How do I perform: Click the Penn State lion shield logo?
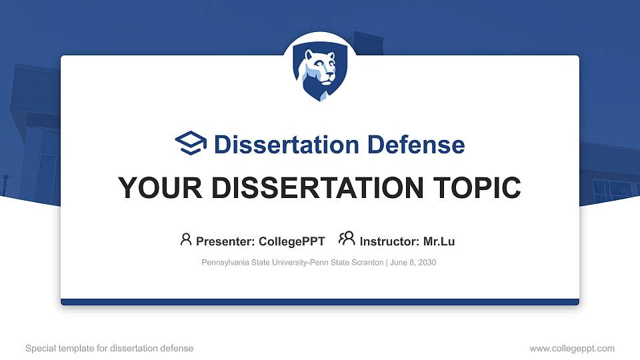(320, 73)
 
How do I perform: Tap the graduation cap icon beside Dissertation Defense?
(191, 144)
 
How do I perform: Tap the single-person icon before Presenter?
(186, 239)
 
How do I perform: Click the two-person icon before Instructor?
(347, 239)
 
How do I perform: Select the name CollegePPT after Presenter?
(291, 241)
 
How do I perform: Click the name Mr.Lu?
(439, 241)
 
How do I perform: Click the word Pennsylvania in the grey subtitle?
(223, 263)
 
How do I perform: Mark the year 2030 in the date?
(426, 263)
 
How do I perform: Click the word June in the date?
(398, 263)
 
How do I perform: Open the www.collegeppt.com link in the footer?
(572, 348)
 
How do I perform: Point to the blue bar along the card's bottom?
(320, 302)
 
